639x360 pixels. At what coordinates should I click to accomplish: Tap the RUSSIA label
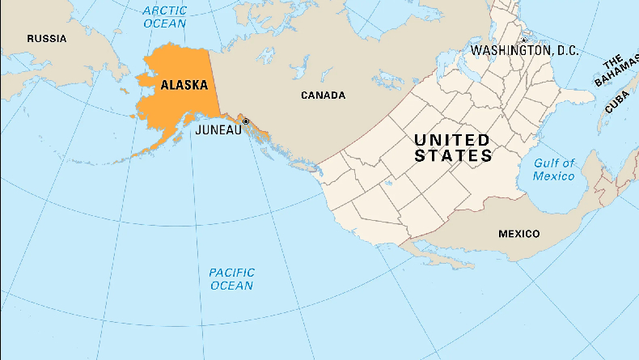click(x=46, y=39)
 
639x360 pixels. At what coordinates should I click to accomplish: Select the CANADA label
click(x=323, y=95)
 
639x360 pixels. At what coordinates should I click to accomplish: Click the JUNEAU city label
click(x=218, y=129)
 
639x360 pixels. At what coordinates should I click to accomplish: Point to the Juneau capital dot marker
click(x=246, y=121)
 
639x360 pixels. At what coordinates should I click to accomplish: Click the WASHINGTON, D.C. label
click(x=524, y=50)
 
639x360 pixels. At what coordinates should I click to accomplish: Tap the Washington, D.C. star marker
click(x=523, y=40)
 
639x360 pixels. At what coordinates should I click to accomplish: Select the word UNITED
click(x=451, y=139)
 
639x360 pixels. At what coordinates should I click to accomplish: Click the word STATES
click(x=453, y=156)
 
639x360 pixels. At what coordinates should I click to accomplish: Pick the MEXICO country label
click(x=518, y=234)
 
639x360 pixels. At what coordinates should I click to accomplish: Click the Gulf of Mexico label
click(x=553, y=169)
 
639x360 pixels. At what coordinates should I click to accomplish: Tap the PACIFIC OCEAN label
click(x=231, y=279)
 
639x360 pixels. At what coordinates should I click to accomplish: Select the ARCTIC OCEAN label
click(x=164, y=17)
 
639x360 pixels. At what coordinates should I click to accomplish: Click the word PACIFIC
click(x=231, y=273)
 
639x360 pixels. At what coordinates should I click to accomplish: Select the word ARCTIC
click(x=164, y=11)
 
